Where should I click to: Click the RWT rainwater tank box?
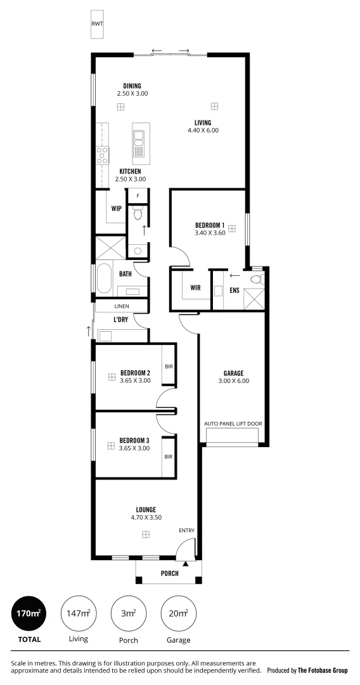[96, 24]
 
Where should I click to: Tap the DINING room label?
[132, 86]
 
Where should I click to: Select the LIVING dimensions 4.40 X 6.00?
[203, 131]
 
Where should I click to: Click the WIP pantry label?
[116, 208]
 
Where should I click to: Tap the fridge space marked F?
[138, 196]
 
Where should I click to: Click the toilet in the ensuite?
[256, 278]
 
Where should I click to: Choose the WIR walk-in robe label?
[195, 288]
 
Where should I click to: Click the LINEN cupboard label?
[122, 306]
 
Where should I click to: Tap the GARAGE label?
[234, 373]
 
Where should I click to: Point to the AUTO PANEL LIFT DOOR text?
[233, 423]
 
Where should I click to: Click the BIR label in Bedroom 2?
[169, 366]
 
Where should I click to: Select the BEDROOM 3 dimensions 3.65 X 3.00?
[134, 448]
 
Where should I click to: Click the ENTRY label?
[186, 531]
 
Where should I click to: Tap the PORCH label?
[169, 573]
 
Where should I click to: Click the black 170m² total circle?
[29, 613]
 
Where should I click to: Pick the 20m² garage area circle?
[178, 613]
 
